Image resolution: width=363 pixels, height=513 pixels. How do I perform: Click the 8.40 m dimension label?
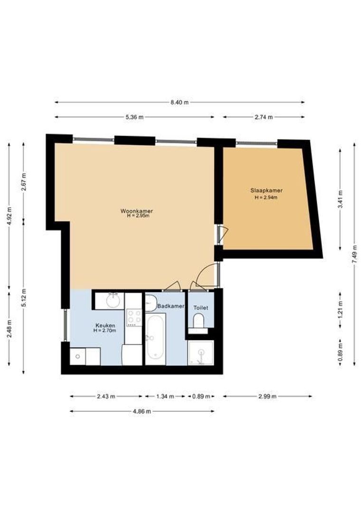coord(179,102)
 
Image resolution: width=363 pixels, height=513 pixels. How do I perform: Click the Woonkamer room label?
coord(136,211)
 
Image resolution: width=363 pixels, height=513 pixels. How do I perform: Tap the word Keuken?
coord(105,325)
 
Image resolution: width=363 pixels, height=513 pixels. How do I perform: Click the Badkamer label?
coord(171,307)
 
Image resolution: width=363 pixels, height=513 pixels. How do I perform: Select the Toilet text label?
coord(201,308)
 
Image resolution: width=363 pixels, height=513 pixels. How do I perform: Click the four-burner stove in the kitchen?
coord(134,317)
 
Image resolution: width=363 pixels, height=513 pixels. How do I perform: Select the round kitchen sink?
coord(113,301)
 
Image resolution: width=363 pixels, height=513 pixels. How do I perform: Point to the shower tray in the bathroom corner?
coord(201,354)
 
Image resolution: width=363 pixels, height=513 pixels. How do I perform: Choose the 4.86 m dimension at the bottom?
coord(142,411)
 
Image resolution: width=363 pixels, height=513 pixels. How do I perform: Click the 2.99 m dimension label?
coord(267,396)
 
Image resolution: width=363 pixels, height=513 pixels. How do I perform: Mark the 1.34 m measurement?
coord(165,396)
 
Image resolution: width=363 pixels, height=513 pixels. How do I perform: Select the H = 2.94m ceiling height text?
coord(266,197)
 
